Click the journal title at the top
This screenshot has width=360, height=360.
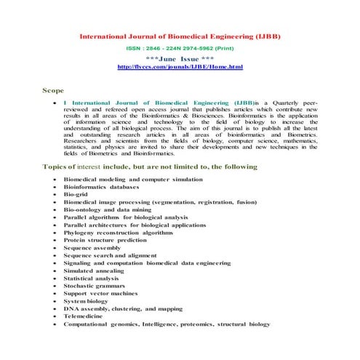coord(179,36)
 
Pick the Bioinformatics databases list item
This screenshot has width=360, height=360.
coord(102,186)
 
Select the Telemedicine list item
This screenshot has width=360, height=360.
coord(84,317)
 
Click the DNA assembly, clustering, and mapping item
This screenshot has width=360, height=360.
coord(123,309)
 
